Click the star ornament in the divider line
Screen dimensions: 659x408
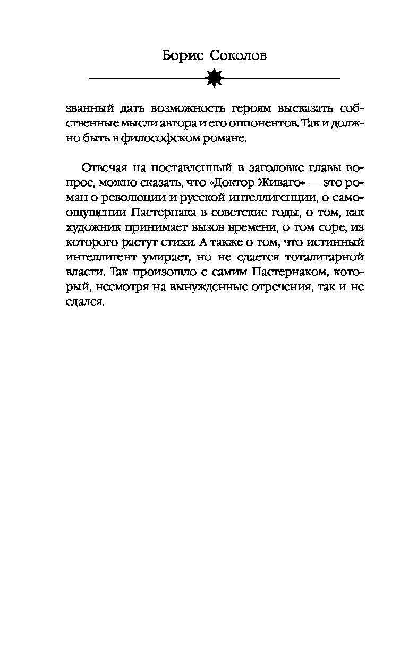[214, 79]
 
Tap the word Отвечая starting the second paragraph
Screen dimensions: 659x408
[105, 168]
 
